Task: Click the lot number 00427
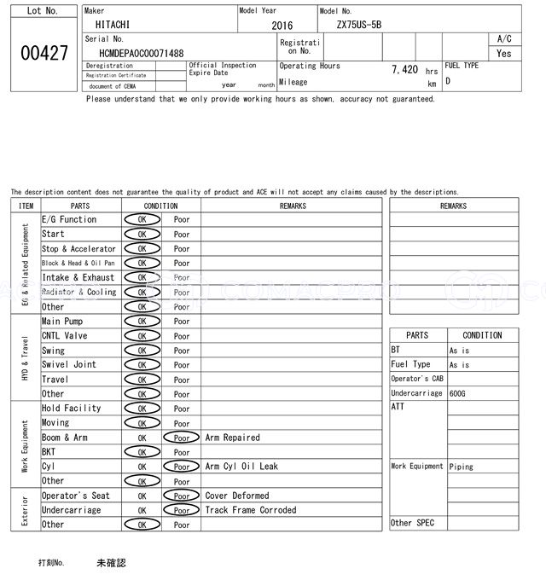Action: click(x=44, y=53)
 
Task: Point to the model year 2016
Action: click(x=282, y=26)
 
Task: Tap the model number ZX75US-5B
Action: click(x=359, y=25)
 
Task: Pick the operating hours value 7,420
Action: click(x=404, y=70)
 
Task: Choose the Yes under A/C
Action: click(x=504, y=53)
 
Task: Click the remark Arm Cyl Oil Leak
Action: click(x=241, y=467)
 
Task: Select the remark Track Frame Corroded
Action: click(x=251, y=510)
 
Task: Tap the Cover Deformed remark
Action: click(x=237, y=496)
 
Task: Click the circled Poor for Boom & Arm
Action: click(x=182, y=438)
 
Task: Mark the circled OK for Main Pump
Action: click(x=142, y=322)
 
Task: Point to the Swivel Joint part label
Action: click(x=69, y=364)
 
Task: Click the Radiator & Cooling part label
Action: click(x=78, y=292)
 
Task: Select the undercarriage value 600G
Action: click(x=457, y=393)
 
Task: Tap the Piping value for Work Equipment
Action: click(x=462, y=467)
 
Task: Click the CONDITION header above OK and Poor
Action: click(x=160, y=206)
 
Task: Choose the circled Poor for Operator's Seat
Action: click(x=182, y=496)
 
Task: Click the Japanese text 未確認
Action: click(x=111, y=563)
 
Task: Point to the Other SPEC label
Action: click(x=413, y=523)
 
